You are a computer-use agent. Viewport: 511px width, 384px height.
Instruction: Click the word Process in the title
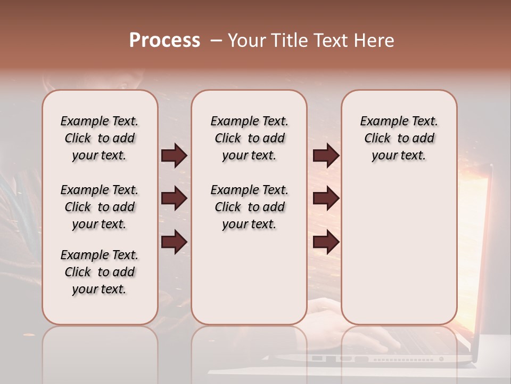point(164,41)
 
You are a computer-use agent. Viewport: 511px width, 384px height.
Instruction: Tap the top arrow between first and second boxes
point(174,156)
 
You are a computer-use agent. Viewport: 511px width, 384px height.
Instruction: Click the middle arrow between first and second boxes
point(174,198)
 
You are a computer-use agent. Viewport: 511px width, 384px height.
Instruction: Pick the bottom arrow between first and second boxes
point(174,242)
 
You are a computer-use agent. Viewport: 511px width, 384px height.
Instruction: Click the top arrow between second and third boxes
point(326,156)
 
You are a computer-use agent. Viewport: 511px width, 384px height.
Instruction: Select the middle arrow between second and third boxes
point(326,198)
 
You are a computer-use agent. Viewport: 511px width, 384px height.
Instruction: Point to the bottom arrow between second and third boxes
point(326,242)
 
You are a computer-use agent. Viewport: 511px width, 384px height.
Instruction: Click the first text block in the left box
point(100,138)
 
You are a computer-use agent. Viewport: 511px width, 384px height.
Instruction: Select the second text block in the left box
point(100,207)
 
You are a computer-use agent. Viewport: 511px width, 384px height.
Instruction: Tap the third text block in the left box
point(100,272)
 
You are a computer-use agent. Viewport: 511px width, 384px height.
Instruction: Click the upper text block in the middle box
point(249,138)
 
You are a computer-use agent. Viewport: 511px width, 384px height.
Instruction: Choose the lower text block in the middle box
point(249,207)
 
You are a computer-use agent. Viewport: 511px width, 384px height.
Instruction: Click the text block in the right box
point(399,138)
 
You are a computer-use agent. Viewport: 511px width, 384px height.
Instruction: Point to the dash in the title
point(216,41)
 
